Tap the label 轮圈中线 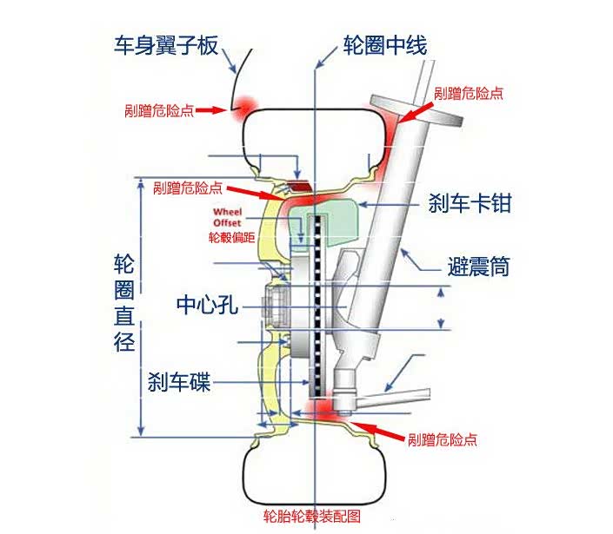pyautogui.click(x=384, y=44)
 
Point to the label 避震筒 pyautogui.click(x=477, y=265)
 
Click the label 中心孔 pyautogui.click(x=206, y=305)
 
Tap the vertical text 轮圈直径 pyautogui.click(x=125, y=303)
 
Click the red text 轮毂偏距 pyautogui.click(x=231, y=236)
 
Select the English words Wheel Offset pyautogui.click(x=228, y=217)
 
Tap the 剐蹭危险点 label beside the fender pyautogui.click(x=158, y=111)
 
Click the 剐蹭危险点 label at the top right pyautogui.click(x=468, y=93)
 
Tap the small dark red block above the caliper pyautogui.click(x=298, y=187)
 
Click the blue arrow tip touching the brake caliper pyautogui.click(x=362, y=205)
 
